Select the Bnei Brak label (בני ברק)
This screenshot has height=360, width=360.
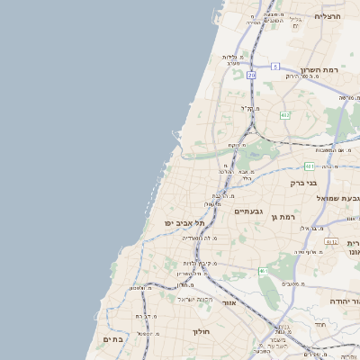[x=303, y=182]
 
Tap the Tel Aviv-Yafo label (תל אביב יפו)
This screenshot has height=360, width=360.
[x=184, y=223]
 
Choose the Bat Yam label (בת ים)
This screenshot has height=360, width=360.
[x=112, y=338]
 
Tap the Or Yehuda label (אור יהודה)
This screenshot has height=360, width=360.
[x=344, y=301]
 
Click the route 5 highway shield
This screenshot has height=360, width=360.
[x=275, y=67]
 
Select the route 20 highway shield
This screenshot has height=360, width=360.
[x=252, y=76]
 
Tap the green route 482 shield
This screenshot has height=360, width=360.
[x=285, y=114]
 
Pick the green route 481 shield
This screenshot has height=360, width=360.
[x=310, y=166]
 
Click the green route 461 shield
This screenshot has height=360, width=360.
[x=264, y=271]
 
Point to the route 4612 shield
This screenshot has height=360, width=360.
[x=331, y=242]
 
